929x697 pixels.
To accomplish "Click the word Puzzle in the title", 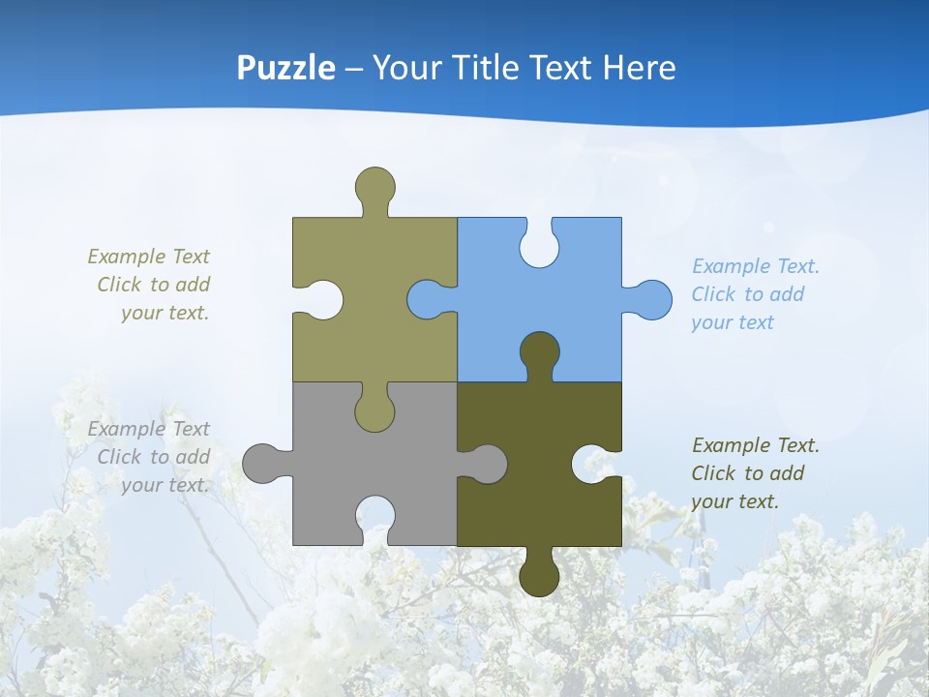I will [x=286, y=69].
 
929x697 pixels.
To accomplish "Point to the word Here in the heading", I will [x=639, y=68].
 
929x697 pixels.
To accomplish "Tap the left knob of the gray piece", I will [x=262, y=463].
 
